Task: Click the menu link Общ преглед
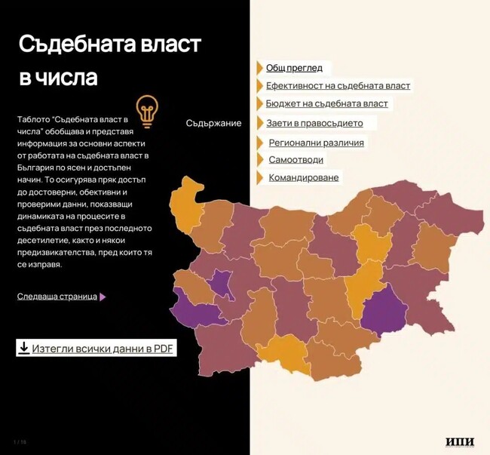(294, 68)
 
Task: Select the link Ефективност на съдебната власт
(338, 86)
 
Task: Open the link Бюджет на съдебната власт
(326, 103)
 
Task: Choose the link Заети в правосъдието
(314, 123)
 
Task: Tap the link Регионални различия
(316, 143)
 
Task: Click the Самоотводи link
(296, 160)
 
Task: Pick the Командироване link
(303, 178)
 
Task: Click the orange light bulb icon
(147, 109)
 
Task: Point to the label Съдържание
(213, 123)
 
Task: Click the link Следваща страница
(57, 297)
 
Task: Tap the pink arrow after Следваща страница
(103, 297)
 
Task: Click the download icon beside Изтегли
(23, 348)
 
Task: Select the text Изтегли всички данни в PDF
(103, 349)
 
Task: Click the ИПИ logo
(460, 441)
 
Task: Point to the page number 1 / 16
(20, 441)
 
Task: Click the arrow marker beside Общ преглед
(259, 68)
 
